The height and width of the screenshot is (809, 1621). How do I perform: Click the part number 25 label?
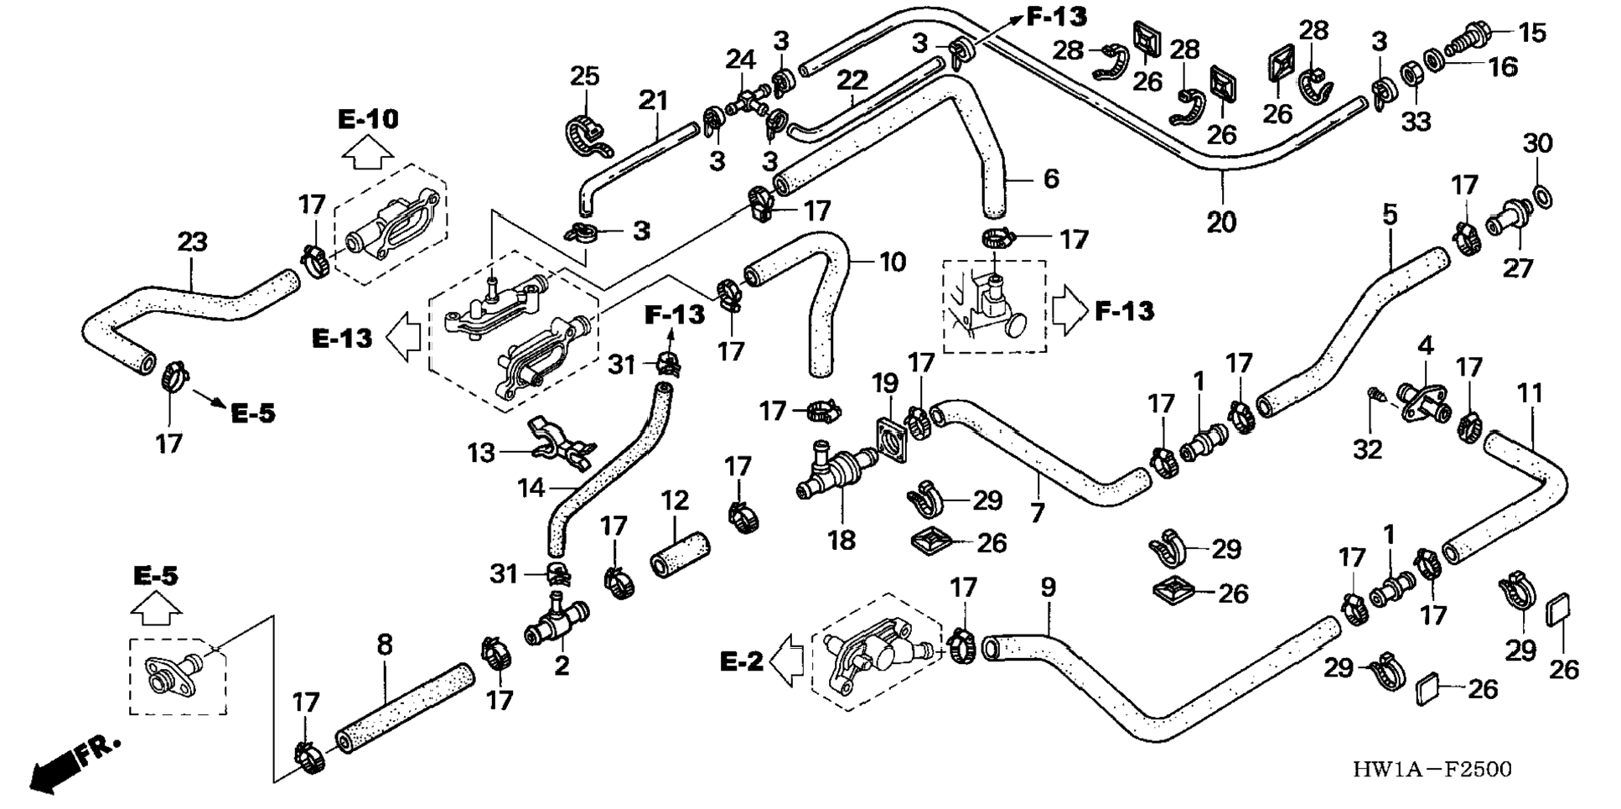[x=584, y=76]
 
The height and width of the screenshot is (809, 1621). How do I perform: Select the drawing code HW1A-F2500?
[x=1432, y=770]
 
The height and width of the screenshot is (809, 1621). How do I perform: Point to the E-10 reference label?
[x=368, y=119]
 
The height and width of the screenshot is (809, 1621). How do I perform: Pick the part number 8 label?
[x=384, y=645]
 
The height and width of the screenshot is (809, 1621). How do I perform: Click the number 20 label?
[x=1220, y=222]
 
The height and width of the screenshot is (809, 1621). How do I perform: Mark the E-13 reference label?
[x=342, y=338]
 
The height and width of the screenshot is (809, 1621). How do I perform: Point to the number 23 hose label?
[x=192, y=242]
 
